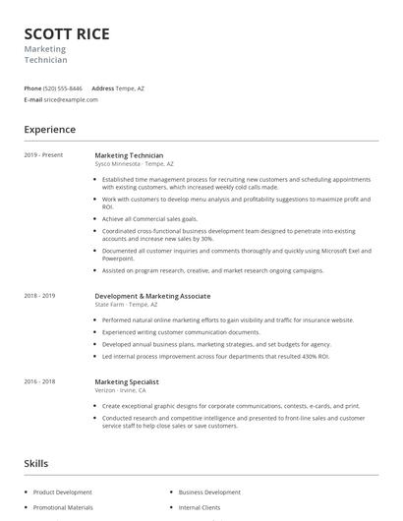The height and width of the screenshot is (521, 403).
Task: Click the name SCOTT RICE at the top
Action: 67,33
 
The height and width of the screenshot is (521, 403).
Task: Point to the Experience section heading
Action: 50,129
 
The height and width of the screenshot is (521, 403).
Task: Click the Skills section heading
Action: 35,462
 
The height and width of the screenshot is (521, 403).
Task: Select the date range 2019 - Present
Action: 43,155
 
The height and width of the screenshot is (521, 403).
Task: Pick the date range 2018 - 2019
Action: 40,295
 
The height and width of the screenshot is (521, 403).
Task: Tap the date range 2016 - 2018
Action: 40,381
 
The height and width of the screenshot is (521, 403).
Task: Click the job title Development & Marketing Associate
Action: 152,295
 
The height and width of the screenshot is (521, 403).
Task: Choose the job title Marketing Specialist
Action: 127,381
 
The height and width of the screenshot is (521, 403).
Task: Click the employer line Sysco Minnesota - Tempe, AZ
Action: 135,164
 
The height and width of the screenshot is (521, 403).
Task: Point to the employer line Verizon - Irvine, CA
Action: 120,390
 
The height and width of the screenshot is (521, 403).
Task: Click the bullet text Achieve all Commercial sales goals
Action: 150,218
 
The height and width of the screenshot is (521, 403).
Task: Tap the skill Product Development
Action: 63,492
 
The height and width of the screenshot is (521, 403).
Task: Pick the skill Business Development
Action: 209,492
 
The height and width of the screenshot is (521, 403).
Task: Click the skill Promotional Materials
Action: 63,507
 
